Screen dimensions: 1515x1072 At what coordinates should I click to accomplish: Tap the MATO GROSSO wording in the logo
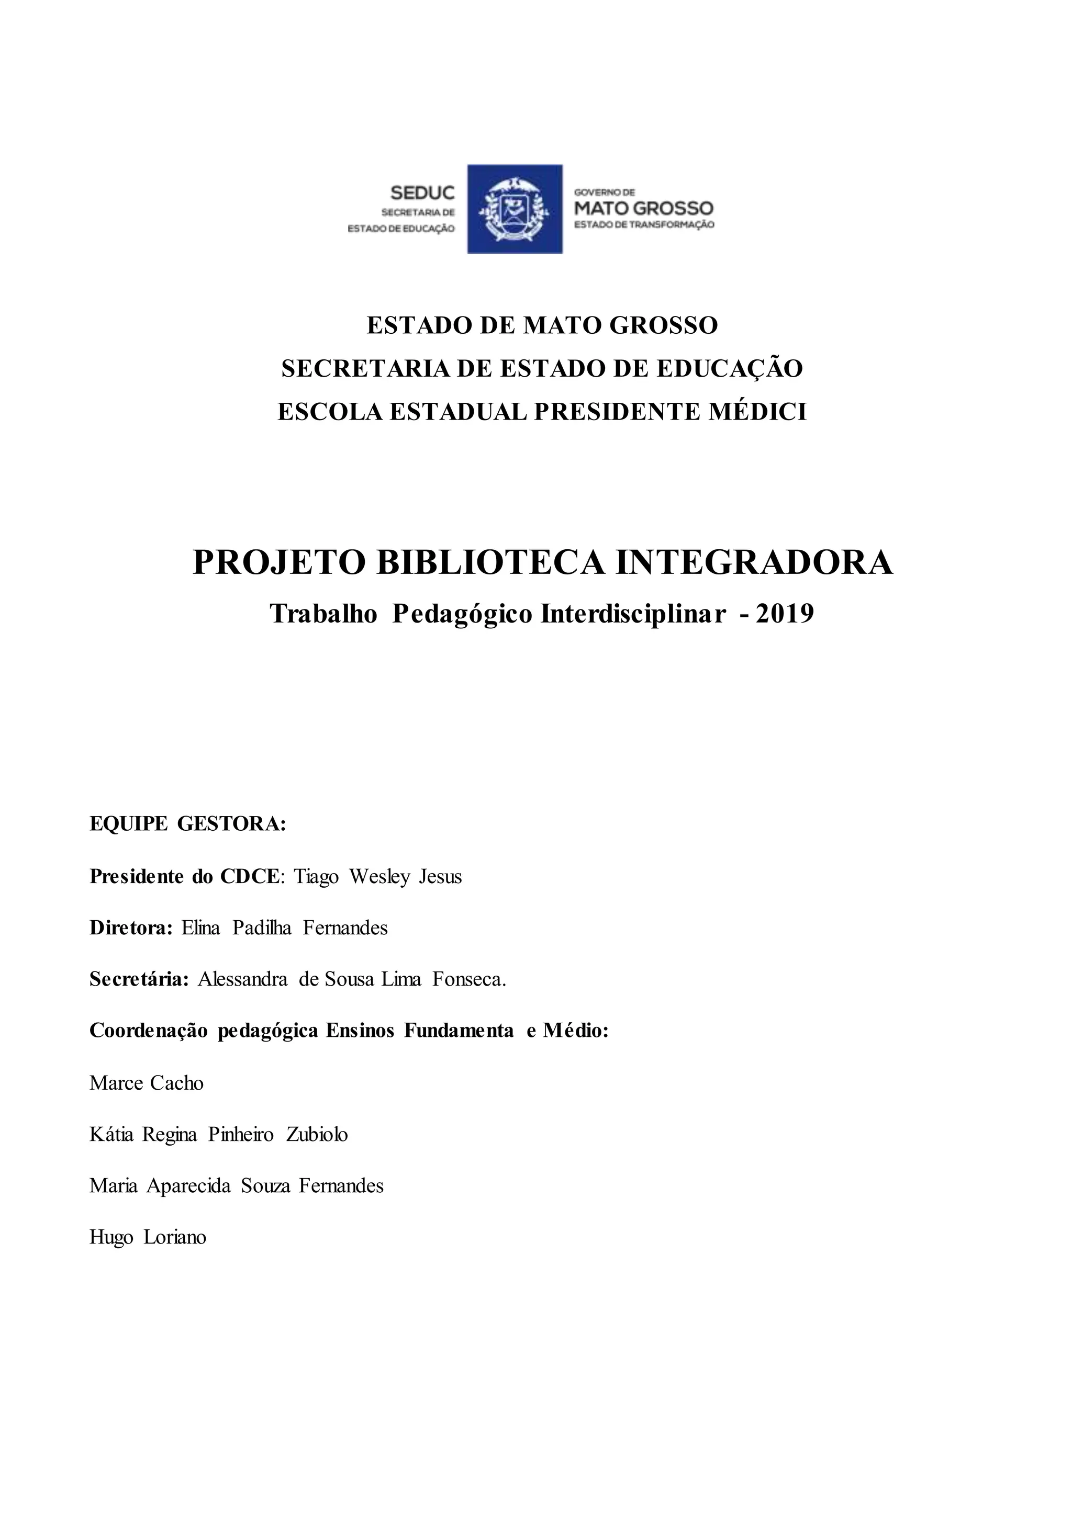pos(644,209)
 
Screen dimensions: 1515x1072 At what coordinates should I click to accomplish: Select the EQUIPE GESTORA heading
pos(187,825)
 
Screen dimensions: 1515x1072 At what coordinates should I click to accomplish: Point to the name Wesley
pos(379,877)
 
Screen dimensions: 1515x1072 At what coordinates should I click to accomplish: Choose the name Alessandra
pos(242,979)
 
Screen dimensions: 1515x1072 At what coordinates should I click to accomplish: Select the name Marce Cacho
pos(147,1083)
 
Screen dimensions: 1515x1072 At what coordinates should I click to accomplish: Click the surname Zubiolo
pos(317,1134)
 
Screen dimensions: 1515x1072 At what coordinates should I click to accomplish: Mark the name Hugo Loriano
pos(148,1237)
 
